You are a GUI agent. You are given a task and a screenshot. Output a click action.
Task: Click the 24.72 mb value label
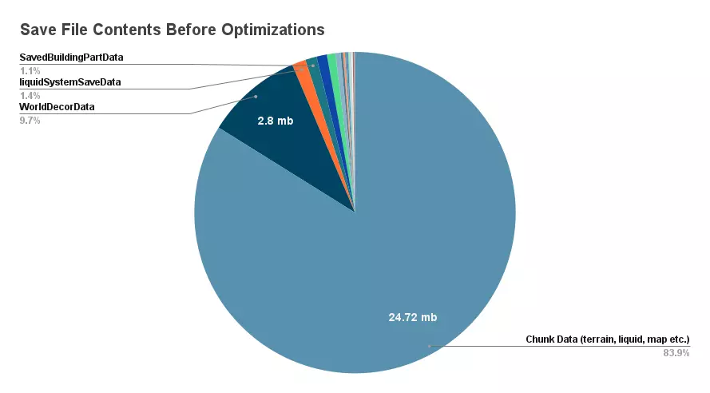coord(413,317)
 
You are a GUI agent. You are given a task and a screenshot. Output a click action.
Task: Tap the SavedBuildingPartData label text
coord(71,58)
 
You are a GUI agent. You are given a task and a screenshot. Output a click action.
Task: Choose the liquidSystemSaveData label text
coord(70,81)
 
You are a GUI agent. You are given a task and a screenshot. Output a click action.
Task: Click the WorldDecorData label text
coord(57,106)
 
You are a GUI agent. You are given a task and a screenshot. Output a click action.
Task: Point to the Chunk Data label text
coord(607,339)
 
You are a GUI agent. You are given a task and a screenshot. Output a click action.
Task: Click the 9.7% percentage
coord(30,120)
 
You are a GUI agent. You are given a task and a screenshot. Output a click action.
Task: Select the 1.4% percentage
coord(30,95)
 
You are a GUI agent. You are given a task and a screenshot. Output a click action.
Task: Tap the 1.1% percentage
coord(30,70)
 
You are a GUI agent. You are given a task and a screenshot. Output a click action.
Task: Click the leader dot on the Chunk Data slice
coord(429,346)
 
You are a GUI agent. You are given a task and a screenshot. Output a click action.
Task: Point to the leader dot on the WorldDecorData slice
coord(256,97)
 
